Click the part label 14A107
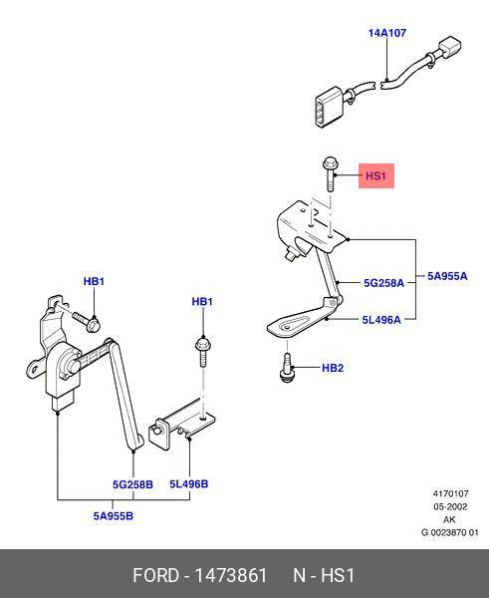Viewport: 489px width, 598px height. [386, 33]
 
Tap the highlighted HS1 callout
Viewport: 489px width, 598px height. [376, 175]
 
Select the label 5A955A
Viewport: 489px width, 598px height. [447, 276]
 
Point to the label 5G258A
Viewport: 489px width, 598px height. [383, 283]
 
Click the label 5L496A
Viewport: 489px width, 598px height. [381, 320]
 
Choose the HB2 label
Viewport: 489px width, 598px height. [333, 368]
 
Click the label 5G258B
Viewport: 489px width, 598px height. [132, 484]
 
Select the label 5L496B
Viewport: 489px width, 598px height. [188, 484]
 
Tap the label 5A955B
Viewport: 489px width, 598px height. [114, 516]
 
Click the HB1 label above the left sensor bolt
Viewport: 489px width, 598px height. [94, 281]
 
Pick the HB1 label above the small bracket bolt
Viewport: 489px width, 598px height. [202, 302]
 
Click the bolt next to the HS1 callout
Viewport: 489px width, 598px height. [329, 173]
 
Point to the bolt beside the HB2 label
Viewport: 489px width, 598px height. [287, 367]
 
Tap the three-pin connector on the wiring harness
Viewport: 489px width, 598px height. [330, 107]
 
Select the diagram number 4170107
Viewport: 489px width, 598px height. [450, 493]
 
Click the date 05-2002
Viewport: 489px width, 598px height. [450, 507]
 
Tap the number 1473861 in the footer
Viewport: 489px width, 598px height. [231, 575]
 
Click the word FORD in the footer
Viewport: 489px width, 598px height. [156, 575]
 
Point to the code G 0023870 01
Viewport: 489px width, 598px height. [450, 532]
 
